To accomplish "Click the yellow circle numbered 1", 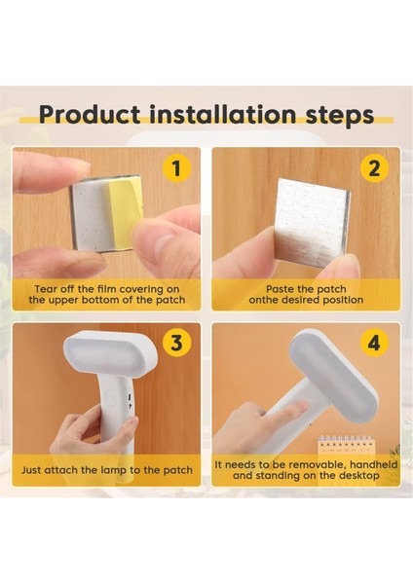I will pyautogui.click(x=176, y=169).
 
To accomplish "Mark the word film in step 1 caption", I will pyautogui.click(x=114, y=289).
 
